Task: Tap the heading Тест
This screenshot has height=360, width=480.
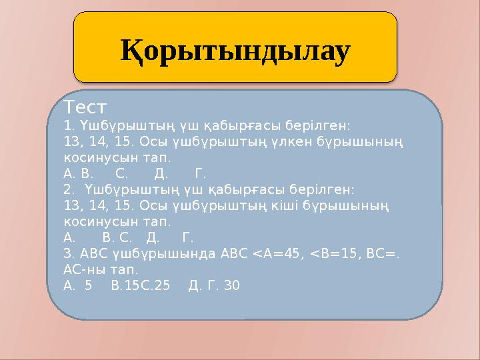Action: (x=85, y=107)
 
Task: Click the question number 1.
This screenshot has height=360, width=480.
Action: (x=67, y=125)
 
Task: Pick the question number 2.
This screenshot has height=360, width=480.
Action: (x=67, y=189)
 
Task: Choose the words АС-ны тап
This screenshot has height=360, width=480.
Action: (x=101, y=270)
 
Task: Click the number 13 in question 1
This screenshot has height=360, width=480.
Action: (x=72, y=142)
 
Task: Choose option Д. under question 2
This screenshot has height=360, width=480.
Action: (x=153, y=237)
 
